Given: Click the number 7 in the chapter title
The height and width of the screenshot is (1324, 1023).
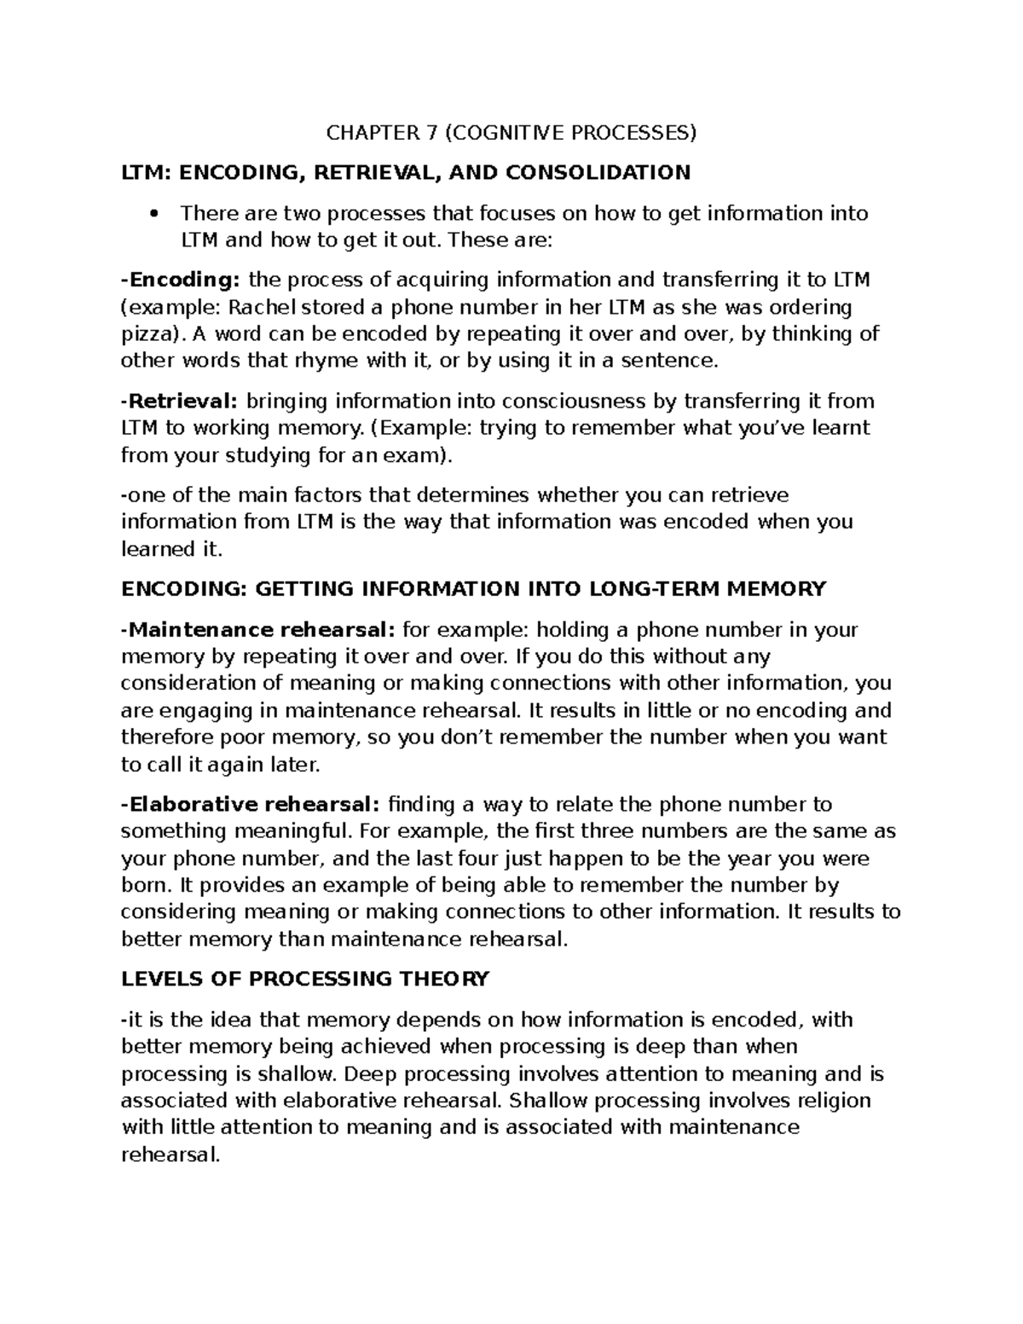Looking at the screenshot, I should coord(433,132).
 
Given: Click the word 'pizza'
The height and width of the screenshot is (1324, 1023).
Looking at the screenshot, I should coord(146,333).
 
